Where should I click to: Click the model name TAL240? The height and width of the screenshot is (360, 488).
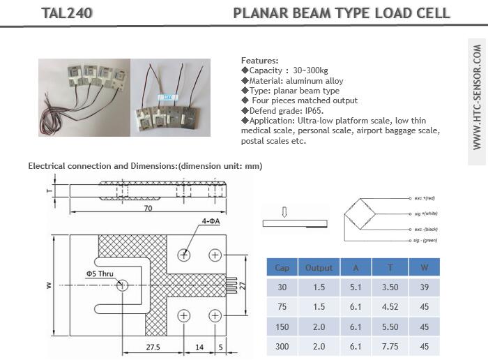[67, 13]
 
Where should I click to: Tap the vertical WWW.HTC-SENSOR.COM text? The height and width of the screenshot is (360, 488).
[477, 98]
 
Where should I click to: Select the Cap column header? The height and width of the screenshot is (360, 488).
[282, 267]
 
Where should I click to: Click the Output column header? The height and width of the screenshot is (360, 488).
[319, 267]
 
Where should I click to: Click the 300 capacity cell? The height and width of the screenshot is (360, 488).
[282, 345]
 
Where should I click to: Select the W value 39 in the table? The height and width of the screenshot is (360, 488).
[423, 287]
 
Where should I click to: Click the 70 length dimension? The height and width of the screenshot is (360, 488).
[148, 208]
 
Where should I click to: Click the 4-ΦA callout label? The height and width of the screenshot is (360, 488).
[211, 221]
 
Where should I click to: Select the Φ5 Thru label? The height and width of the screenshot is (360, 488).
[100, 273]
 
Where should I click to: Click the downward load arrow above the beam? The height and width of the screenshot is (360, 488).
[284, 211]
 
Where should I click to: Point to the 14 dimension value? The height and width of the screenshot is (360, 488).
[199, 346]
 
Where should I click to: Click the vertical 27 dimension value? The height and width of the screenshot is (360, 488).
[243, 285]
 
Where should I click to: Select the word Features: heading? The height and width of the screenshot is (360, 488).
[260, 61]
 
